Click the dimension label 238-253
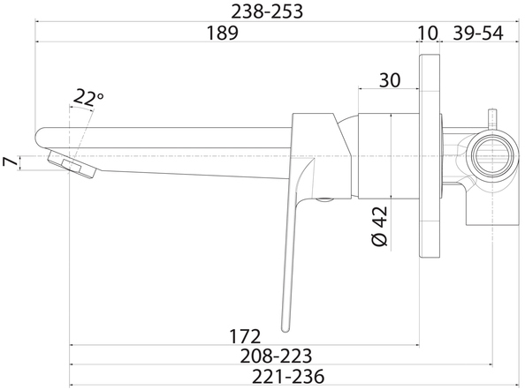(267, 11)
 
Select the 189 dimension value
(223, 33)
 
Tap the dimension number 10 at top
(428, 33)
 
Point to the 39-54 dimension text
(478, 33)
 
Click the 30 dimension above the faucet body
(390, 80)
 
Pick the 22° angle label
(88, 97)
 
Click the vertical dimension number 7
(10, 162)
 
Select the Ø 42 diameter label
(379, 226)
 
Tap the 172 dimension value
(245, 336)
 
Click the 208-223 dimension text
(276, 356)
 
